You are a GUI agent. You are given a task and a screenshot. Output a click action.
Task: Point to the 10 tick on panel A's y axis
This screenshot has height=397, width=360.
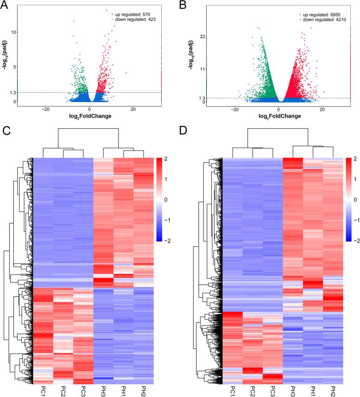[x=14, y=32]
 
